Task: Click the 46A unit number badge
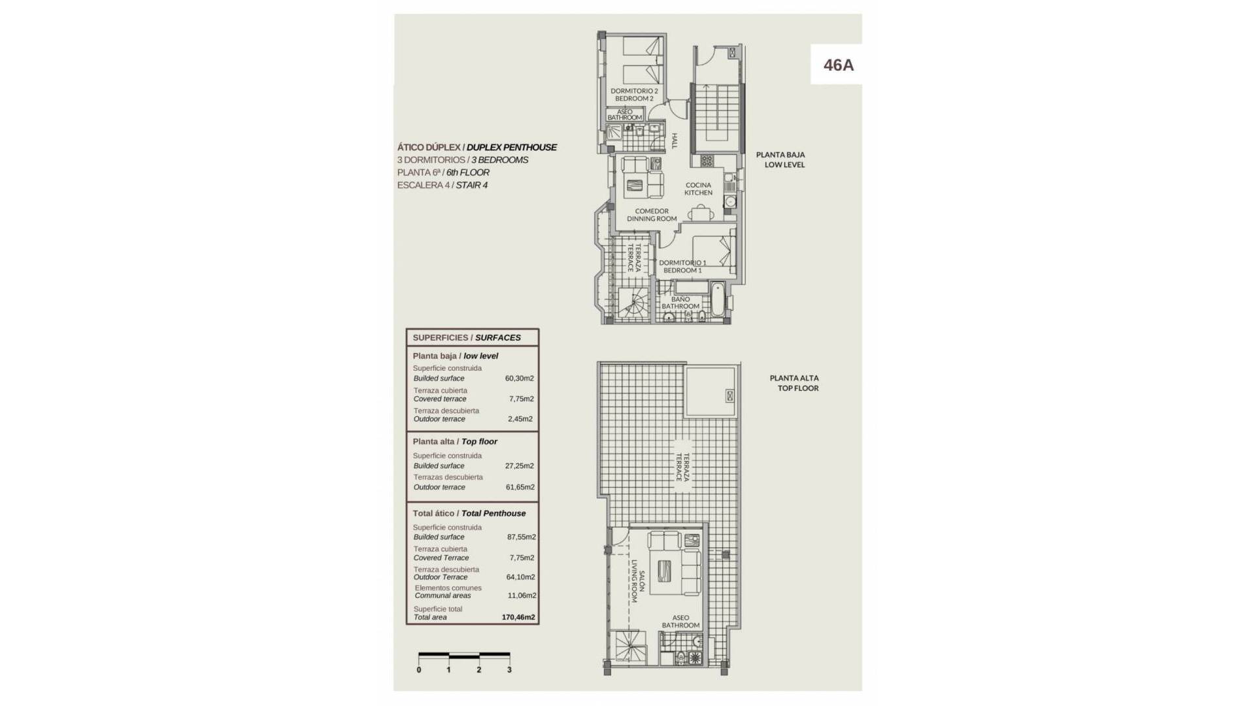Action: tap(838, 65)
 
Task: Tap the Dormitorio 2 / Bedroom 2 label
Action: tap(634, 95)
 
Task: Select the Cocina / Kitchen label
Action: tap(698, 189)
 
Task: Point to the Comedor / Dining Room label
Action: tap(652, 215)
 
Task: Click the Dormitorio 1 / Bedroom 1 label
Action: tap(682, 267)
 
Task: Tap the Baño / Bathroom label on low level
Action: tap(680, 303)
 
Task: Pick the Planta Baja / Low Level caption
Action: tap(781, 160)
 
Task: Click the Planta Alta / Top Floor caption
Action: tap(794, 383)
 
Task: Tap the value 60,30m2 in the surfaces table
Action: tap(519, 378)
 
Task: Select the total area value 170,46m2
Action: tap(518, 617)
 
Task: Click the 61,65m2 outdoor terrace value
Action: tap(520, 487)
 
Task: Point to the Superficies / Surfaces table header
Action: tap(467, 337)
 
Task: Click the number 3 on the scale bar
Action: tap(509, 669)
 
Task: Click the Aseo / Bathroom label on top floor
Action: tap(680, 622)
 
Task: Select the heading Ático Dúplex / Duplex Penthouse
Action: tap(477, 147)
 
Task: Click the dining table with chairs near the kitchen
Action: tap(700, 212)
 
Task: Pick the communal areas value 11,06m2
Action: tap(522, 596)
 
